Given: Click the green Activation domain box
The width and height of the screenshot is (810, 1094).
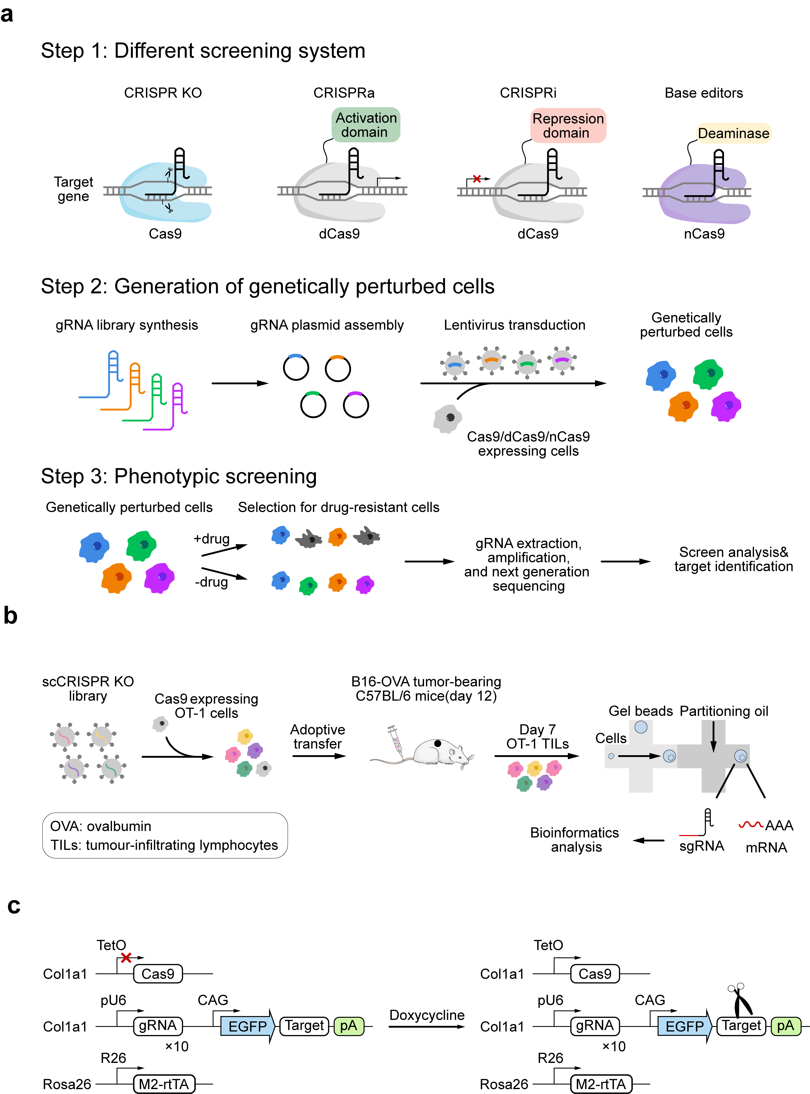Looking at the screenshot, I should (365, 125).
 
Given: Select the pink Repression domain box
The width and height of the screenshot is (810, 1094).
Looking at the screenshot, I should (568, 126).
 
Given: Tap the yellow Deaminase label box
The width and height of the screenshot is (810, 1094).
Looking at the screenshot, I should (734, 134).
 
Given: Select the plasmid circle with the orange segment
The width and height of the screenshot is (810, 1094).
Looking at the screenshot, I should (338, 368).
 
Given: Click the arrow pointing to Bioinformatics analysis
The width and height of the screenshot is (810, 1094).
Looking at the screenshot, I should (648, 840).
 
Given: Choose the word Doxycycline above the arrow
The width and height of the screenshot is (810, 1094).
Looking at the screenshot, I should (427, 1015).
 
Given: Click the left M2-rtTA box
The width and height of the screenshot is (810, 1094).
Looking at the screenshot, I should (164, 1084).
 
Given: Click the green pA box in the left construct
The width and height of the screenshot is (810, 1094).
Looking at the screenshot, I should (349, 1026).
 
